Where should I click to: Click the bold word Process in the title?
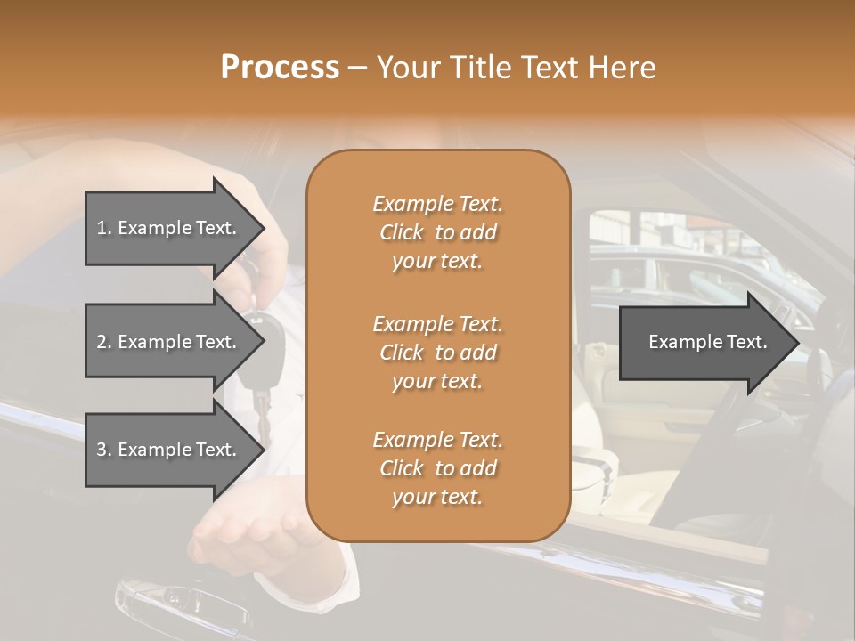click(280, 68)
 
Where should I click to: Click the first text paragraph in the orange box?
click(437, 232)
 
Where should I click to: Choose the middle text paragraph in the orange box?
click(437, 352)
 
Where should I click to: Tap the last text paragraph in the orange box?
click(437, 468)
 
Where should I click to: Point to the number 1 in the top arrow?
click(101, 228)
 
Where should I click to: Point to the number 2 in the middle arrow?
click(101, 342)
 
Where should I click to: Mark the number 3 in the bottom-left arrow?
click(101, 450)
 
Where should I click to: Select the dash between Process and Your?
click(357, 69)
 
